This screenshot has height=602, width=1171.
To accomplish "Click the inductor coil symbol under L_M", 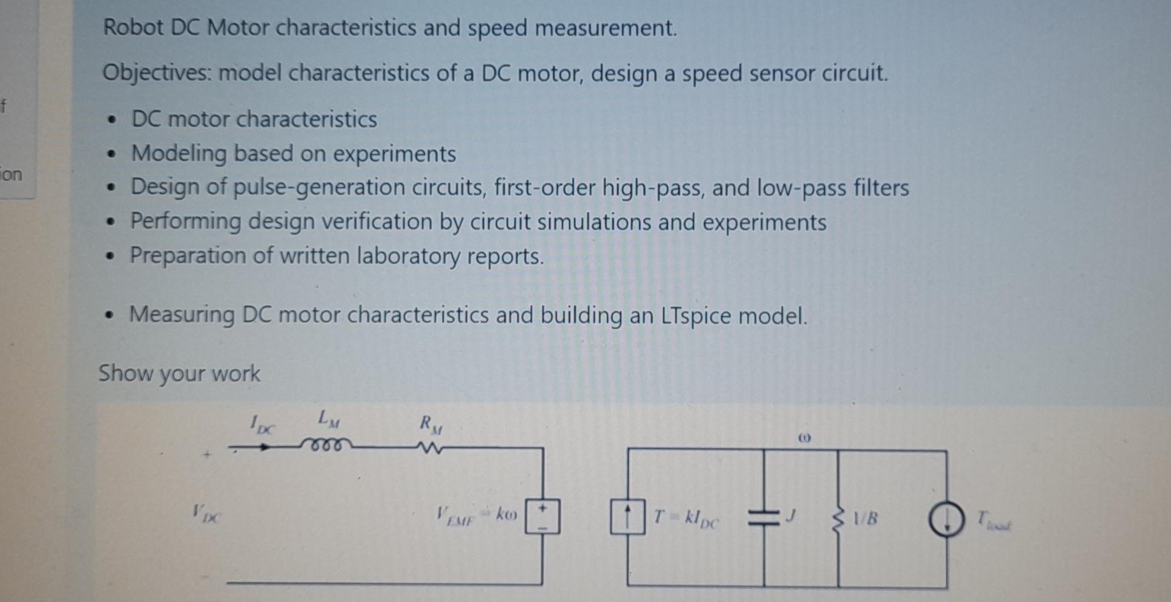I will pyautogui.click(x=326, y=444).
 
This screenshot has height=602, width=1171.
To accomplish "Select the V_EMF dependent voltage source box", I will pyautogui.click(x=542, y=517).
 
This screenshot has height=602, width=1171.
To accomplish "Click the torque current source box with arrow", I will pyautogui.click(x=628, y=517).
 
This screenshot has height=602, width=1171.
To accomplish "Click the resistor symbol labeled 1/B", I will pyautogui.click(x=838, y=519).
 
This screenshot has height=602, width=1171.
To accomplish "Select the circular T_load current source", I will pyautogui.click(x=946, y=520).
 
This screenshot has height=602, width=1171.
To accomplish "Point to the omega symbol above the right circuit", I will pyautogui.click(x=804, y=437).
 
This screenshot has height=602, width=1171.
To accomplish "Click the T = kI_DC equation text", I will pyautogui.click(x=686, y=519).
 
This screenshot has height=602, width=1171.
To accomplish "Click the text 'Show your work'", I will pyautogui.click(x=179, y=373).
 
